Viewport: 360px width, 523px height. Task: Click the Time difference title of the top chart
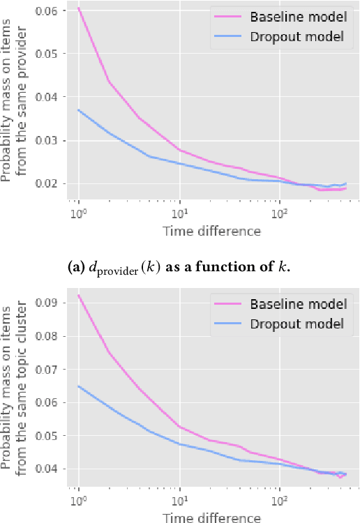tap(211, 231)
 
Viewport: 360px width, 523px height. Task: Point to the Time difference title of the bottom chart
tap(211, 517)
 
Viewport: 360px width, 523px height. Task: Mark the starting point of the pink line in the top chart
tap(78, 8)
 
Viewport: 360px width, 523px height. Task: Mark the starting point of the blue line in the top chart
tap(78, 109)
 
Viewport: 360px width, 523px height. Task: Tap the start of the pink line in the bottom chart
tap(78, 295)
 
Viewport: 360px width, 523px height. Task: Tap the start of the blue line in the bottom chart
tap(78, 386)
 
